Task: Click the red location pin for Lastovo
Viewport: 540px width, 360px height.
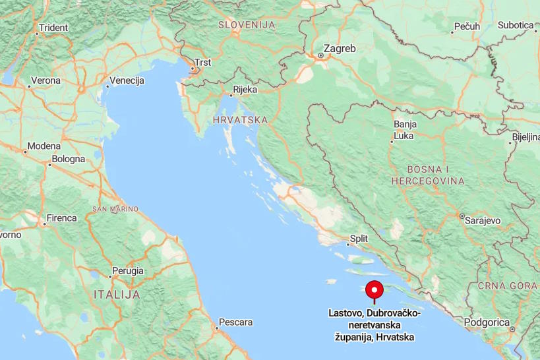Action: point(375,291)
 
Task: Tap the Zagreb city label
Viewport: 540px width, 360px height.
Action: point(340,48)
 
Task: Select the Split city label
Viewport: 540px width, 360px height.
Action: point(359,239)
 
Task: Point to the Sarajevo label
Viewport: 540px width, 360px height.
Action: point(483,221)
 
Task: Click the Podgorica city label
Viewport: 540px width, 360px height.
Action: point(487,322)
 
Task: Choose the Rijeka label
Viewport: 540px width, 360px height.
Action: point(244,90)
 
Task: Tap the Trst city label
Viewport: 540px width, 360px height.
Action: point(203,63)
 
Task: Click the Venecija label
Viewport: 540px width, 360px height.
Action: point(127,80)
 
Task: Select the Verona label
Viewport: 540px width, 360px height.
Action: point(45,80)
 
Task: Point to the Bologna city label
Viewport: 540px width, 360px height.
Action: point(69,159)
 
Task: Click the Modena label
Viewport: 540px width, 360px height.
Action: point(44,146)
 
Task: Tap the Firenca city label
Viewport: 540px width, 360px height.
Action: point(61,218)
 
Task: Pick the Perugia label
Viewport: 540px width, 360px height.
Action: point(127,270)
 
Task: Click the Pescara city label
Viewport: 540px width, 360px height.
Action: point(235,322)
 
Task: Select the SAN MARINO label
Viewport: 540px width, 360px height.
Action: point(115,209)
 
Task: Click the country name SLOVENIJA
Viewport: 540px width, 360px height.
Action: point(246,24)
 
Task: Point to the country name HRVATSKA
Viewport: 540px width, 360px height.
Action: point(240,120)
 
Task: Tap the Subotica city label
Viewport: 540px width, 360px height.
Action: point(516,25)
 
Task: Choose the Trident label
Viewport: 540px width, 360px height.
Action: point(53,28)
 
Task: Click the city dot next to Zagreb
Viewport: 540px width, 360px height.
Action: point(320,55)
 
